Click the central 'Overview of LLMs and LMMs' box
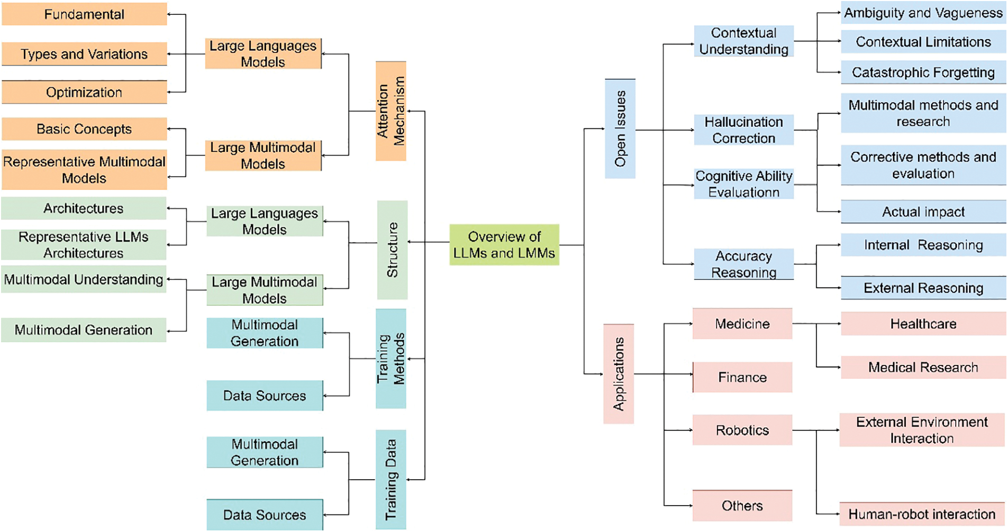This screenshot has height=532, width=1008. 504,244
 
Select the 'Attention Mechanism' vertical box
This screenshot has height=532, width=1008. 391,111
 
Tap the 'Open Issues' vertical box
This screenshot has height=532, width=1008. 620,129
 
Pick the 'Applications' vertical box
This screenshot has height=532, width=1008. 618,374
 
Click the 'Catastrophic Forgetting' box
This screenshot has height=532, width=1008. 923,72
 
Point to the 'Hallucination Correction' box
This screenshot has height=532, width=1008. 743,130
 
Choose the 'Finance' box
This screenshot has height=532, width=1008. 742,377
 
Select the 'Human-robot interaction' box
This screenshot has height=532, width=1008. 921,513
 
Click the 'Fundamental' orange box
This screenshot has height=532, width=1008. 84,14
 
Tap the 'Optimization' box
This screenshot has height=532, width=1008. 84,92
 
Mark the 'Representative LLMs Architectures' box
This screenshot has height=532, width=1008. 84,244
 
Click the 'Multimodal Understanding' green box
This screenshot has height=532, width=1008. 84,279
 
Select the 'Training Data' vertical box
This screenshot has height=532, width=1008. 391,479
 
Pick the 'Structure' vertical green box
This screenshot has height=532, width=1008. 392,250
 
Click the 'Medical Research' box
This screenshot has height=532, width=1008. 923,367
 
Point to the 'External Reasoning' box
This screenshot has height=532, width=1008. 923,288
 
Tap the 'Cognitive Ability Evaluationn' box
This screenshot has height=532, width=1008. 743,184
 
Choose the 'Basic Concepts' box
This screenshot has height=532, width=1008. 84,129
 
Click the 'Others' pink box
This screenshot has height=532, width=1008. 742,506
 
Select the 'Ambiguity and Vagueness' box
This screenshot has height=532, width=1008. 923,13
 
